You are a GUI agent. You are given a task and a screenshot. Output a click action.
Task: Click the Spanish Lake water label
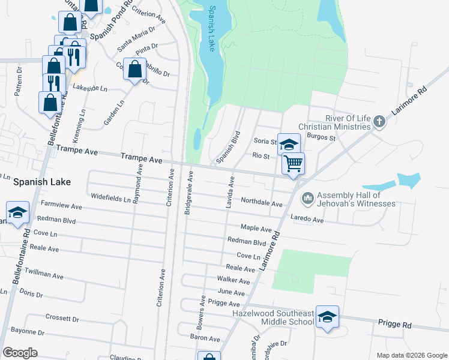[212, 29]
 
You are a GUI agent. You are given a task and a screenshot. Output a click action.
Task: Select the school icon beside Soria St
[289, 145]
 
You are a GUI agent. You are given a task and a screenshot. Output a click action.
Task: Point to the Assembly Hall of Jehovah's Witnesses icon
[308, 197]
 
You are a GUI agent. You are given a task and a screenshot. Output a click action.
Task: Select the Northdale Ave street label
[261, 203]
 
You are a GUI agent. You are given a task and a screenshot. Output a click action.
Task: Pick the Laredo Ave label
[307, 219]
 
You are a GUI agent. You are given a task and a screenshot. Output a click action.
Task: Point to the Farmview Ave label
[61, 205]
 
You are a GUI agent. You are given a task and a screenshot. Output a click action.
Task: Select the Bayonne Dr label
[28, 332]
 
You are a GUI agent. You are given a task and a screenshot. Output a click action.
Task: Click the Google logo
[20, 353]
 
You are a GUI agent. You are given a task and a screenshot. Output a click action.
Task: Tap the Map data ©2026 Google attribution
[411, 355]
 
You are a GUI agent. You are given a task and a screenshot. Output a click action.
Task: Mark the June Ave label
[231, 292]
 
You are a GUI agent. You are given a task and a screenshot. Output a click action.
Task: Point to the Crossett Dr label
[58, 317]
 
